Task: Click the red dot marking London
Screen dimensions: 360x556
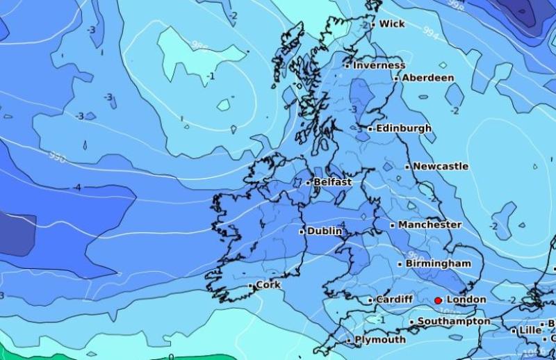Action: click(438, 300)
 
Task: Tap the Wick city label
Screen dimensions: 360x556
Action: click(392, 24)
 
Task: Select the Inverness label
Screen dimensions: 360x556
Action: click(379, 65)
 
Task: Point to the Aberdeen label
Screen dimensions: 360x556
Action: click(428, 78)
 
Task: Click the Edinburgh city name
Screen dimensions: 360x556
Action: click(403, 129)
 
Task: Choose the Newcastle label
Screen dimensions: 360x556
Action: click(441, 167)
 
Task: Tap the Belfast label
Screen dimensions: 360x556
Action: click(333, 182)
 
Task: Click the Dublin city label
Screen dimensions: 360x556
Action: click(325, 231)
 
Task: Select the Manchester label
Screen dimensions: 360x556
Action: click(430, 225)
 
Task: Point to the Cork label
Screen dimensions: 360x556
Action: click(268, 285)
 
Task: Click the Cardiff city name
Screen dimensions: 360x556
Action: click(394, 300)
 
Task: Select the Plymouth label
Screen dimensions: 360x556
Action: click(380, 340)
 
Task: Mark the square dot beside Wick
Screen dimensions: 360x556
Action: click(373, 24)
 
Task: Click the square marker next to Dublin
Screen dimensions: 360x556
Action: click(302, 231)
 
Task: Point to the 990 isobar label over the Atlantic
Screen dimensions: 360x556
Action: click(58, 157)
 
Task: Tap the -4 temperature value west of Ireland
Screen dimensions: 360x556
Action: click(77, 188)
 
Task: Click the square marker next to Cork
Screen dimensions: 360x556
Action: click(251, 285)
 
